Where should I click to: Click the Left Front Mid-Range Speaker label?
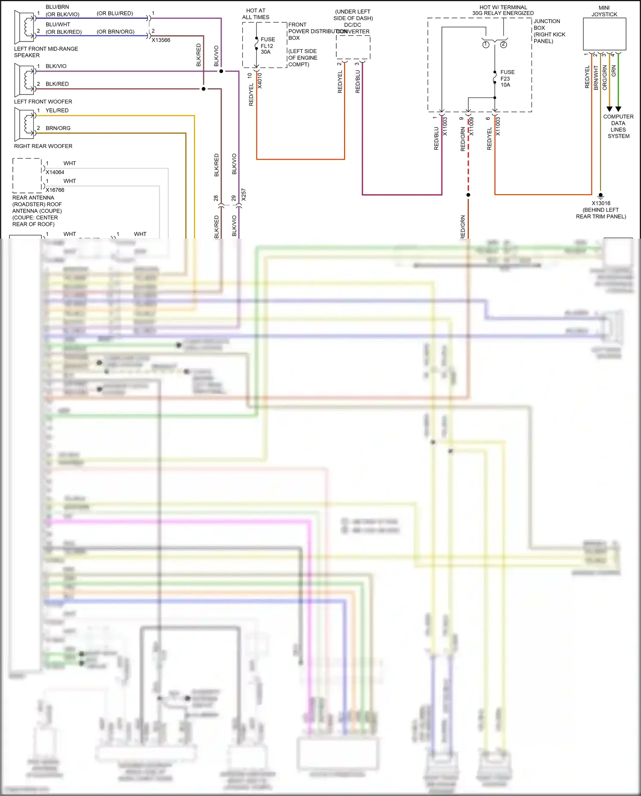[46, 52]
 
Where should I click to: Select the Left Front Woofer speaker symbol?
[24, 80]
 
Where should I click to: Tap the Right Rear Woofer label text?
[43, 146]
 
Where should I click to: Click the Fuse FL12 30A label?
[268, 45]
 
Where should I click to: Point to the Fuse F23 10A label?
[507, 78]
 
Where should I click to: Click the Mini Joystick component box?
[604, 34]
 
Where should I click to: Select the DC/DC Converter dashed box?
[353, 47]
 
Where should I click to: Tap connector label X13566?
[161, 40]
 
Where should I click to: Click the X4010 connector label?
[259, 80]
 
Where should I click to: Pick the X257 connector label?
[244, 195]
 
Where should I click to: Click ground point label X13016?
[601, 203]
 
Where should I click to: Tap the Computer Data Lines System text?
[618, 126]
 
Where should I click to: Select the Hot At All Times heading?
[256, 14]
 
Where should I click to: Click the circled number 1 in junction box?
[486, 44]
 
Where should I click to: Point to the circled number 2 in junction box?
[503, 44]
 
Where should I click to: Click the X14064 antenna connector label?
[55, 172]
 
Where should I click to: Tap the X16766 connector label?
[55, 190]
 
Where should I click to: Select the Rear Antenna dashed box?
[27, 175]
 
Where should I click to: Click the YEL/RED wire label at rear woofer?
[57, 110]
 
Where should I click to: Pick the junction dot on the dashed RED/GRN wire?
[468, 195]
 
